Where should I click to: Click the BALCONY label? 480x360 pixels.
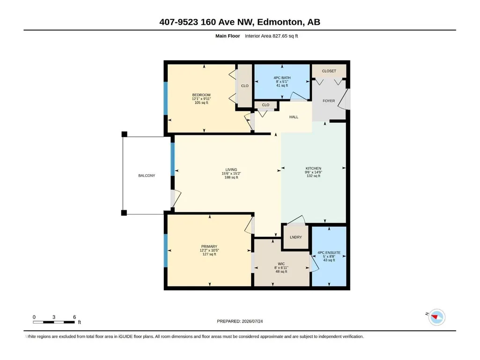pos(147,176)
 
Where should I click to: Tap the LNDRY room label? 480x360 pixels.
pos(295,237)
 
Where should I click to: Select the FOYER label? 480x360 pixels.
pos(329,101)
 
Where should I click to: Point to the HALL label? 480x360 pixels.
pos(294,117)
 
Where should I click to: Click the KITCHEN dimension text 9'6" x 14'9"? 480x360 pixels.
pos(313,172)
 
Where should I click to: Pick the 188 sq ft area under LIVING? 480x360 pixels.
pos(231,177)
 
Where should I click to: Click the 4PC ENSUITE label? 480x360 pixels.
pos(329,252)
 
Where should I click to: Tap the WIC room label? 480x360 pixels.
pos(281,264)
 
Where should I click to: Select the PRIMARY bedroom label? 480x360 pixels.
pos(209,246)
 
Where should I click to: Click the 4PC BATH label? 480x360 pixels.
pos(282,78)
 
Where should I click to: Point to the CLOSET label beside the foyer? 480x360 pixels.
pos(329,71)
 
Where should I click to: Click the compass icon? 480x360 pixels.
pos(437,317)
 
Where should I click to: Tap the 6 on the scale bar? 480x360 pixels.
pos(74,317)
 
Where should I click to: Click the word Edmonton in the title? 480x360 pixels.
pos(280,22)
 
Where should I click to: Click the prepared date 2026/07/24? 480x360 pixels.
pos(252,321)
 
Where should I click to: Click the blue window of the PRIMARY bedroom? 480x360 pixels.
pos(166,251)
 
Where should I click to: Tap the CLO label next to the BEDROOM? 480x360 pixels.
pos(244,86)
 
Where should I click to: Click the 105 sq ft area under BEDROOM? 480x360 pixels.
pos(201,103)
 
